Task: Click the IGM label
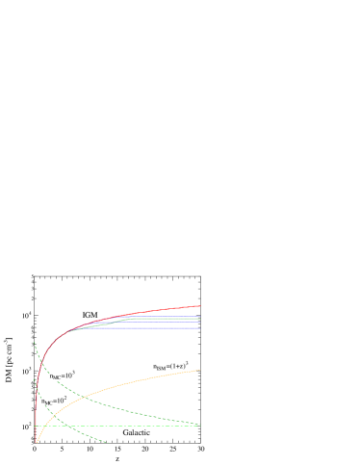[91, 315]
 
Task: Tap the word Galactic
[137, 433]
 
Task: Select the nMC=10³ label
[63, 375]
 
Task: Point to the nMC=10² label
[54, 401]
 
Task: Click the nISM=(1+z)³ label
[170, 366]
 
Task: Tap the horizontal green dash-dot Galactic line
[96, 426]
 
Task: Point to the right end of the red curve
[199, 305]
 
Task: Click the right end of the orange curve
[199, 369]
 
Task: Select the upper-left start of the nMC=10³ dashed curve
[35, 341]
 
